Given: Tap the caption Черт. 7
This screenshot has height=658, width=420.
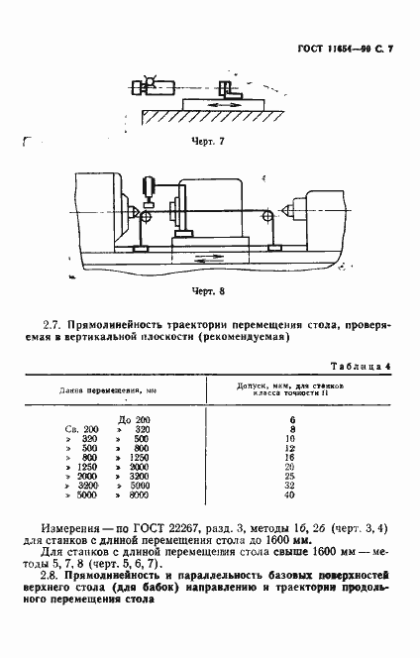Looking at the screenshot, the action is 208,141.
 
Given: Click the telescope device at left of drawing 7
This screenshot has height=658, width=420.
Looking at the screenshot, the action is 151,86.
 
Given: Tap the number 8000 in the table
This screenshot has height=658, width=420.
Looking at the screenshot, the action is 138,494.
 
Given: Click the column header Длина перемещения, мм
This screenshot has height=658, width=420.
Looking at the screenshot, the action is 102,391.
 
